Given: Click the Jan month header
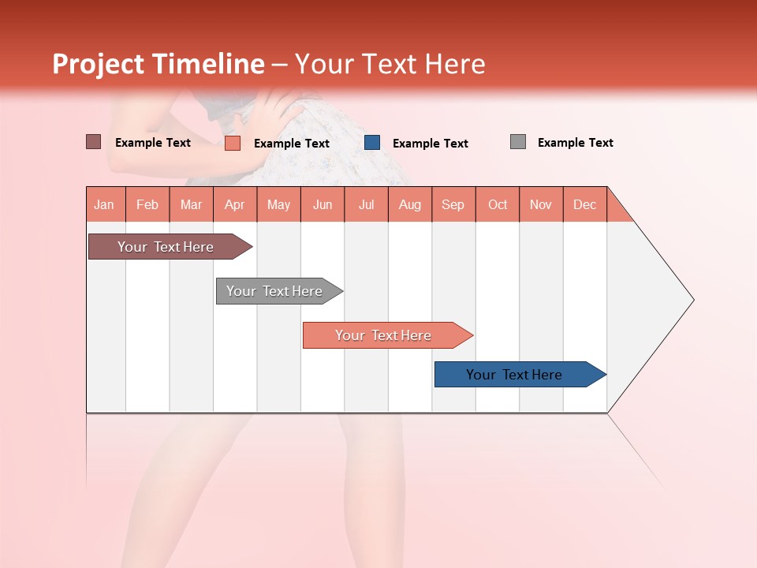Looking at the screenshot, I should [x=105, y=204].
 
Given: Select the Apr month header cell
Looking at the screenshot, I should [x=235, y=204].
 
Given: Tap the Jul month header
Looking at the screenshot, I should [x=367, y=204].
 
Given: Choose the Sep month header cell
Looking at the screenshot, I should [x=453, y=204].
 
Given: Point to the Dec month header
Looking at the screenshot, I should [x=584, y=204].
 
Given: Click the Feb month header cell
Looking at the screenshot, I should [x=147, y=204].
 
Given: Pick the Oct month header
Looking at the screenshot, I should [x=498, y=204].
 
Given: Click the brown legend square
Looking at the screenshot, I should [x=94, y=142].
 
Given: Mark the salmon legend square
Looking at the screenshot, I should [x=233, y=143].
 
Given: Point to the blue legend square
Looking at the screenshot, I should [x=372, y=143].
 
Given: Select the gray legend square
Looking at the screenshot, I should [x=518, y=142].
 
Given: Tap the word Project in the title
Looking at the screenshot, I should [x=98, y=64].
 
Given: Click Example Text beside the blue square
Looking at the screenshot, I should [x=430, y=144].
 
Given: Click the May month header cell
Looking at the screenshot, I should [x=278, y=204].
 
